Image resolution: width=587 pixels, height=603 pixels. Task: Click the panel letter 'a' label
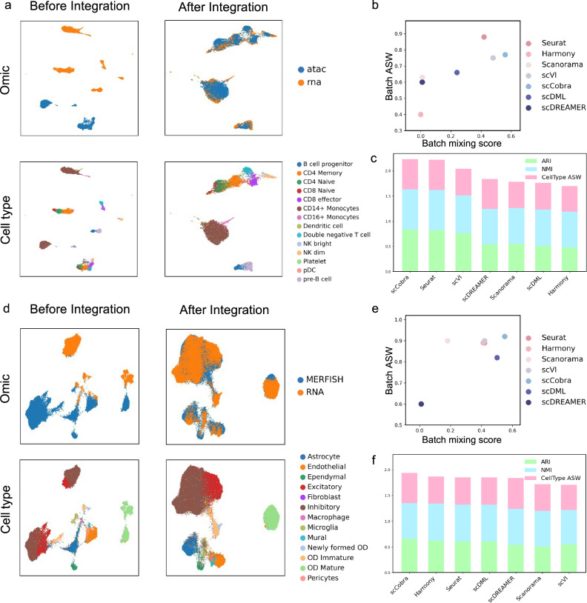tap(5, 6)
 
